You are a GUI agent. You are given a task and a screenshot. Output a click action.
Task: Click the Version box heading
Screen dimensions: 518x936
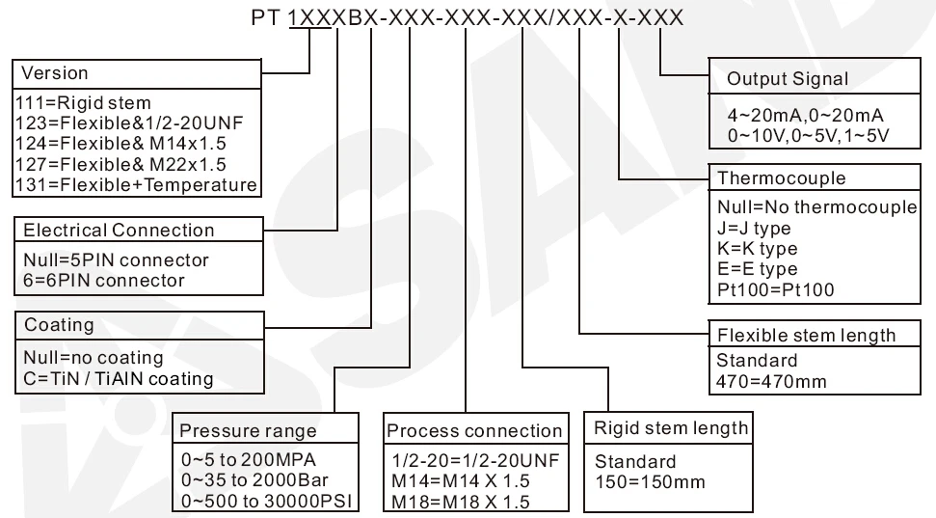(x=55, y=73)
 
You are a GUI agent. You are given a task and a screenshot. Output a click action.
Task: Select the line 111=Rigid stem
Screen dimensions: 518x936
(x=84, y=102)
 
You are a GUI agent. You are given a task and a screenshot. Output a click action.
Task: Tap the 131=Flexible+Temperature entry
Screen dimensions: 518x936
(x=137, y=184)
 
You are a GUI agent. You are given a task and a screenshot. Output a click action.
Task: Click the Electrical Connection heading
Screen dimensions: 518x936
(x=119, y=231)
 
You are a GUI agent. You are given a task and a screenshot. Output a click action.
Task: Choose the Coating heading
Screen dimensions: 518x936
(x=59, y=325)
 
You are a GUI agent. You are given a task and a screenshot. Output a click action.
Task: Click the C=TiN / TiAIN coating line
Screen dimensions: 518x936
(x=118, y=378)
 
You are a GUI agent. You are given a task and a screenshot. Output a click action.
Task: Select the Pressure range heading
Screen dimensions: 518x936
(x=248, y=430)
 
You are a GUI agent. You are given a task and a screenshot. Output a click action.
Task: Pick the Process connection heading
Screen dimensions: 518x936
(x=473, y=430)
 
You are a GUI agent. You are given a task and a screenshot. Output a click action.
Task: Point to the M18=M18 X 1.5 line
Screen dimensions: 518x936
(x=461, y=502)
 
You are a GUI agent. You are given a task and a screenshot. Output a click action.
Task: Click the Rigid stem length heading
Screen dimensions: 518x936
(x=671, y=427)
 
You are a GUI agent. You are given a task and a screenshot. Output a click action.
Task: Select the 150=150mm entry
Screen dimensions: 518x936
(x=650, y=481)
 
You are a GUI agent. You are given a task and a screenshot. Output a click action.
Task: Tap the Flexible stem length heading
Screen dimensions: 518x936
(x=806, y=336)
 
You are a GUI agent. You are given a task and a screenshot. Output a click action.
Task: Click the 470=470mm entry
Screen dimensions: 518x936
(x=771, y=381)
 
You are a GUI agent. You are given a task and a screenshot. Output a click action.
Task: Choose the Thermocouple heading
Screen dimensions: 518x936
(x=782, y=178)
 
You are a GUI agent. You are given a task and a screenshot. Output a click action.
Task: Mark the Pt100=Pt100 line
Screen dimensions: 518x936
(x=776, y=289)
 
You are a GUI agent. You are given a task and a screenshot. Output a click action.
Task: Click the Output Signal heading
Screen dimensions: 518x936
(x=789, y=79)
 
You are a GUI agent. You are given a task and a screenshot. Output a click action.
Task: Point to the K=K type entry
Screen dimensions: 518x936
(x=758, y=249)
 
